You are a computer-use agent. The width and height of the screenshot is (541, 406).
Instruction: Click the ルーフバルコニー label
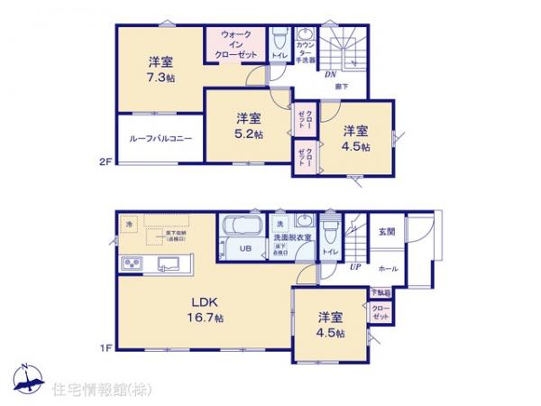[x=160, y=140]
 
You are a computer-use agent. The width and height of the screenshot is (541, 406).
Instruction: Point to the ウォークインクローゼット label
[x=235, y=44]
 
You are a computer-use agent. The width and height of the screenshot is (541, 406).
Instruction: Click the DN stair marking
[x=331, y=74]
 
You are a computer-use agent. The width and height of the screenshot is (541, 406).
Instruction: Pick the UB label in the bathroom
[x=244, y=250]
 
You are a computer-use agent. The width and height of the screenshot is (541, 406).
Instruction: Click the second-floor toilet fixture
[x=280, y=40]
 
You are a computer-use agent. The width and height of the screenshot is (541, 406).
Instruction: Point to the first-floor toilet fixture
[x=330, y=226]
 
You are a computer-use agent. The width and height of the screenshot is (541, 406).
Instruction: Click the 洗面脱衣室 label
[x=294, y=236]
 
